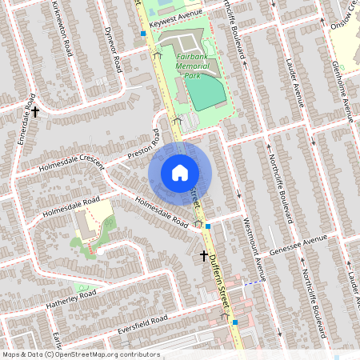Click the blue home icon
tap(180, 172)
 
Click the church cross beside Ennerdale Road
tap(35, 111)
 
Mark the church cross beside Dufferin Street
tap(204, 256)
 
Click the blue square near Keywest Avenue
tap(143, 34)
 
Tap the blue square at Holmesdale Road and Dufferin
tap(208, 226)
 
